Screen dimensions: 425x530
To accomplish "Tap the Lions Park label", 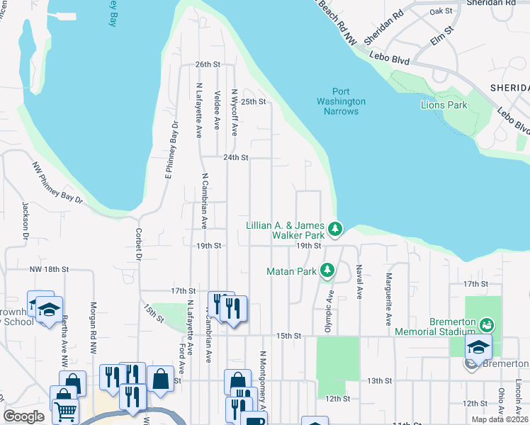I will [444, 105].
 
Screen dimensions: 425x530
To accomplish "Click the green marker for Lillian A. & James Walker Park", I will [337, 229].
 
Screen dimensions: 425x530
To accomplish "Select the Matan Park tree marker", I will [327, 271].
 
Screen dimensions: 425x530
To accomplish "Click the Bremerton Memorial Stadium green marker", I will [486, 325].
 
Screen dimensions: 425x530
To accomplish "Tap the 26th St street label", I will [208, 64].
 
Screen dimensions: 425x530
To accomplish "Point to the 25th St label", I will [253, 101].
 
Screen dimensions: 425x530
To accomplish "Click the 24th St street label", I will [236, 157].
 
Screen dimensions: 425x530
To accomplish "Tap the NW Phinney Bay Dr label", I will [57, 183].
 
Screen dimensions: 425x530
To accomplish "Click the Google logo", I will [24, 416].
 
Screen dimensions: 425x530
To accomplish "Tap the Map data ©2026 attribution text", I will [497, 419].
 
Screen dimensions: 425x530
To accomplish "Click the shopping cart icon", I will [64, 410].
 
